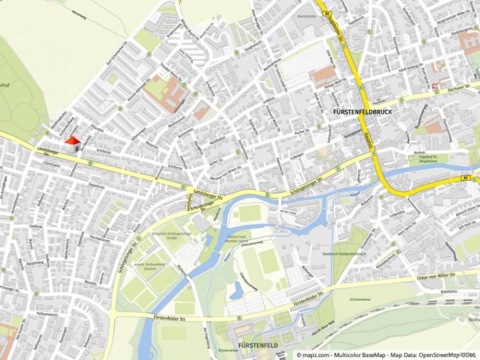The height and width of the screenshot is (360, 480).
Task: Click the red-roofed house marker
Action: [x=73, y=144]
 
